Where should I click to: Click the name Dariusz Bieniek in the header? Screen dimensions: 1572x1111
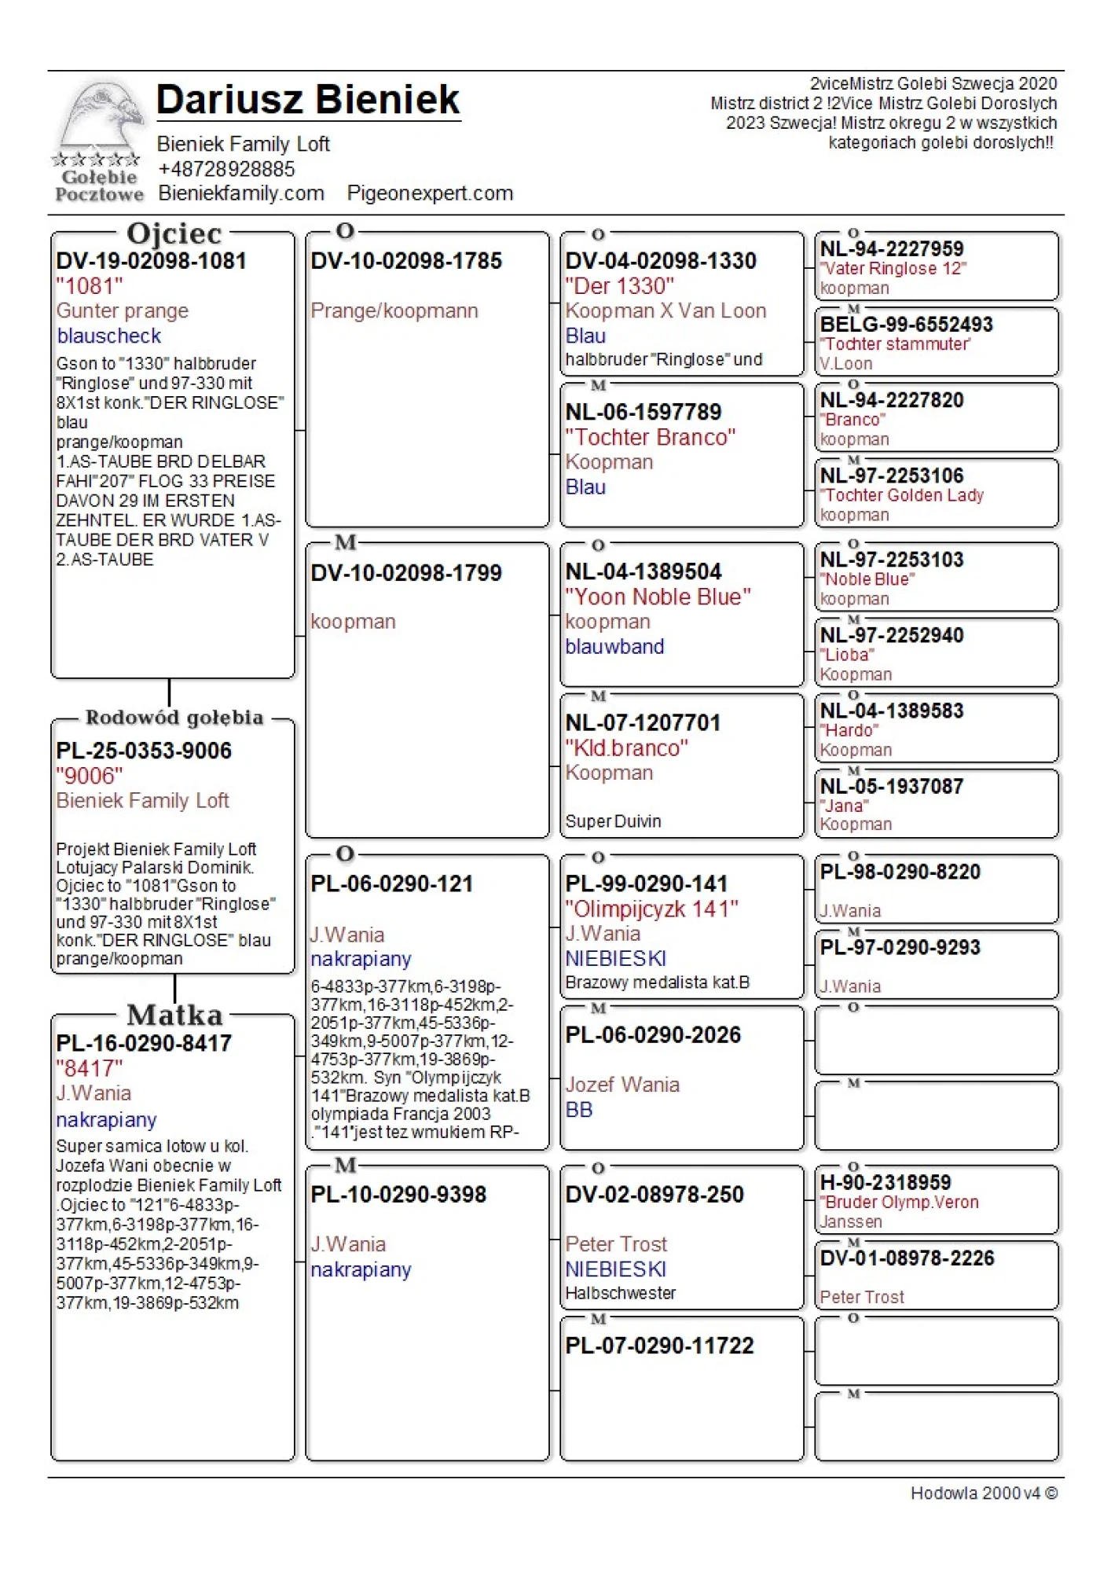(307, 100)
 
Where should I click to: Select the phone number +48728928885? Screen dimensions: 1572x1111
(225, 169)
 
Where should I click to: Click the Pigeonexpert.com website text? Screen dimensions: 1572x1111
(430, 193)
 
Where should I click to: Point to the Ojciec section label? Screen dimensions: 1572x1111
(174, 233)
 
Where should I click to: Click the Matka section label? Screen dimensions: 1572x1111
(174, 1015)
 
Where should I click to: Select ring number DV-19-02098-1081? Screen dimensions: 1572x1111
(151, 261)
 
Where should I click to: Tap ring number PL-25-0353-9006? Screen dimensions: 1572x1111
(144, 751)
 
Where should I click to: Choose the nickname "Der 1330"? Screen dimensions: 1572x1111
(619, 286)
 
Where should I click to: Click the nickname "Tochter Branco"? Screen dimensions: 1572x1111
(650, 437)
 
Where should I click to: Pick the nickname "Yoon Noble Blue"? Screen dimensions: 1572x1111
(658, 597)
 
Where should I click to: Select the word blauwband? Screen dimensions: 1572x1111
(614, 647)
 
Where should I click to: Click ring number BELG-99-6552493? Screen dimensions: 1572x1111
(906, 325)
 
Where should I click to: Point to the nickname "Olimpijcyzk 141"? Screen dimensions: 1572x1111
(651, 909)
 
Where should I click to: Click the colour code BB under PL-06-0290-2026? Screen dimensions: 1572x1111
(579, 1110)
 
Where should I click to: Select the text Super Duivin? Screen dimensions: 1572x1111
(613, 821)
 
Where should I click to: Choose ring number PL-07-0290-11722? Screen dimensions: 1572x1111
(659, 1346)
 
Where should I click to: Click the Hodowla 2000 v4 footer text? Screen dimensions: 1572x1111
(983, 1493)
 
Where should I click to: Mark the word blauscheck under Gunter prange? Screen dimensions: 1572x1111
(108, 336)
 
